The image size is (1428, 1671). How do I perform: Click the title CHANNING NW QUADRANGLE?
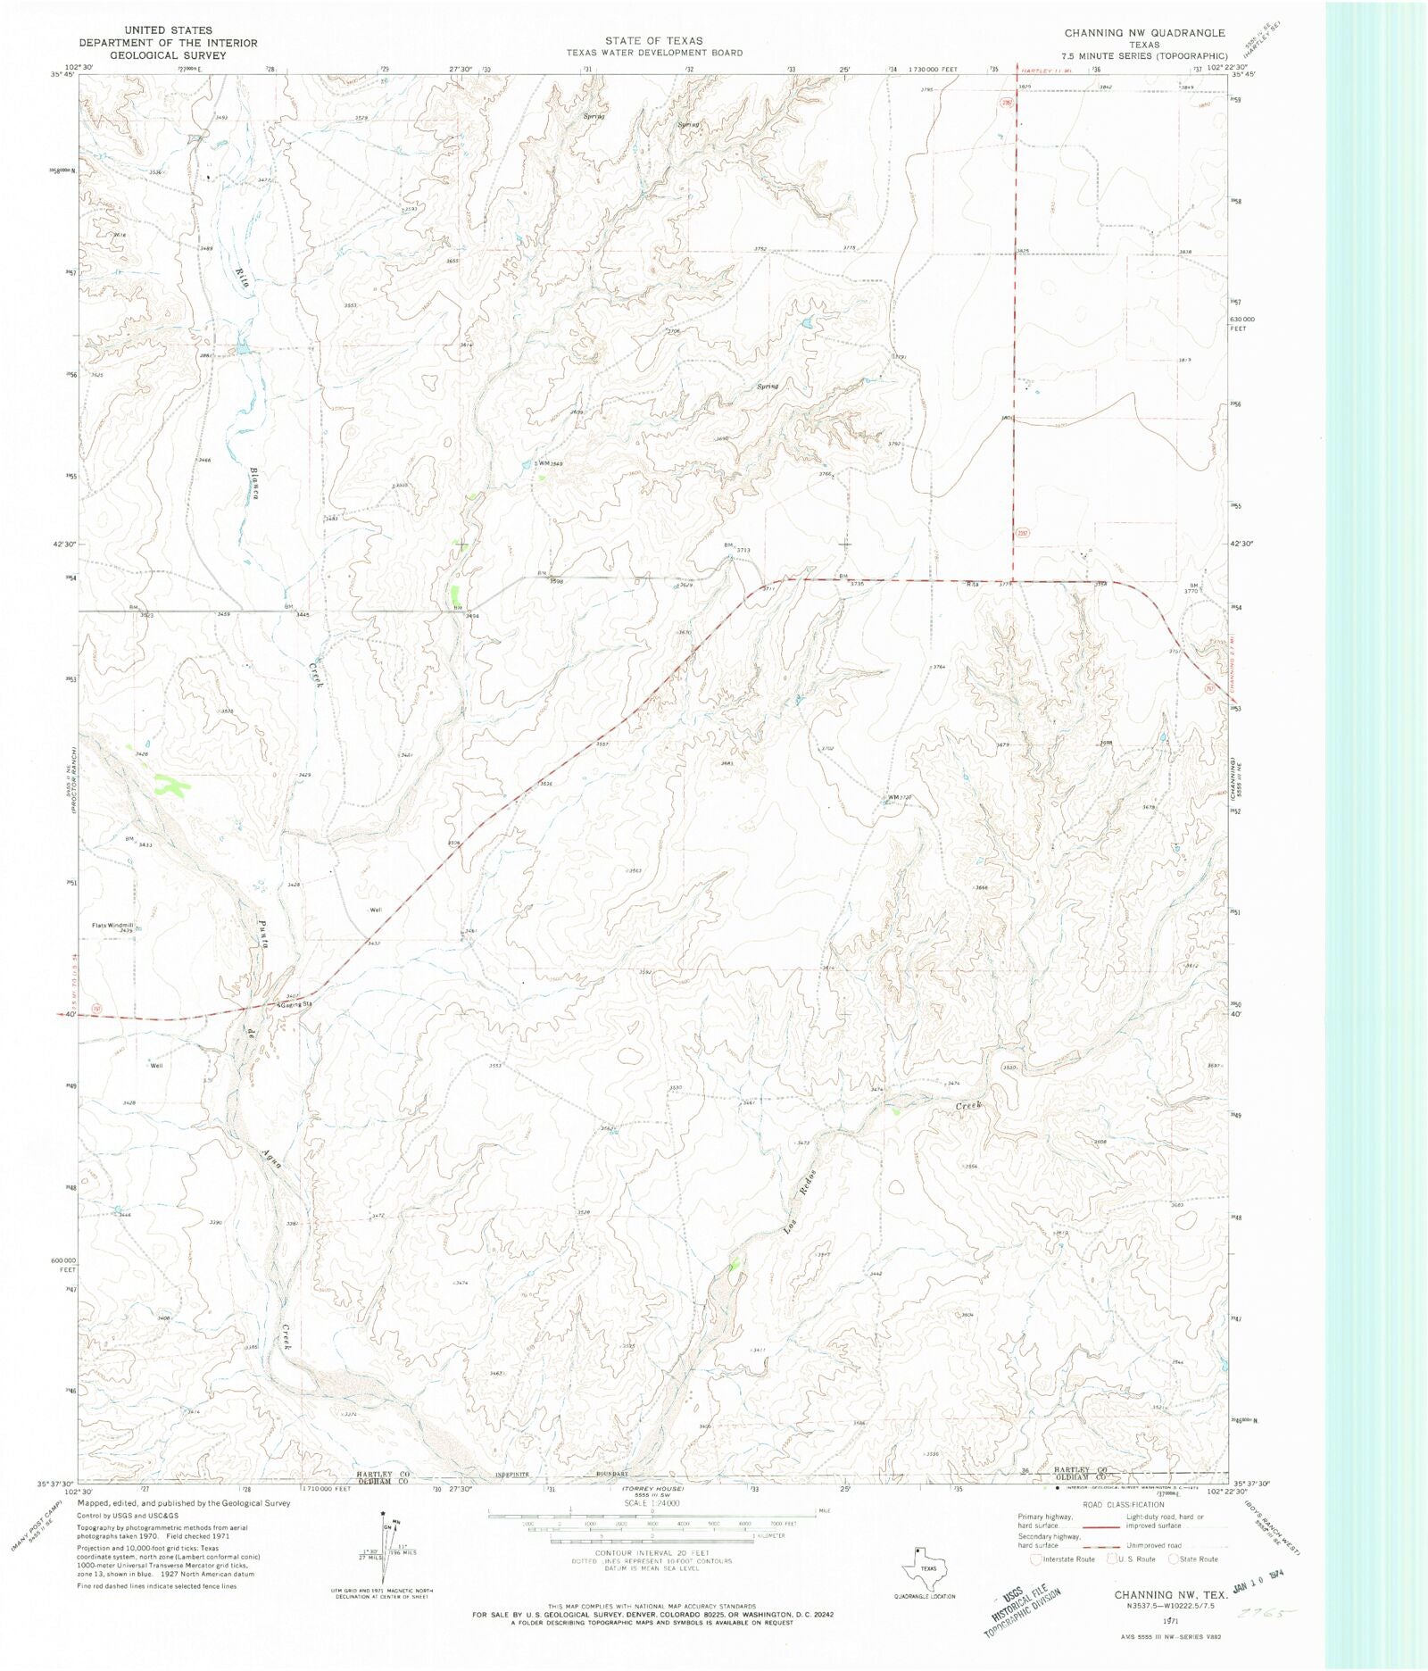click(1144, 33)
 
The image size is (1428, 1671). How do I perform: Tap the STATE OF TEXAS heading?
click(653, 41)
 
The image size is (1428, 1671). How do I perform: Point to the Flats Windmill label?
click(112, 925)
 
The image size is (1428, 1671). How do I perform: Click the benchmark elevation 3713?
click(743, 550)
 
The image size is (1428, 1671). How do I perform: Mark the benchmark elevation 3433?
click(145, 844)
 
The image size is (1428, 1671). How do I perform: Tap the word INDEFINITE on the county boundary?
click(512, 1474)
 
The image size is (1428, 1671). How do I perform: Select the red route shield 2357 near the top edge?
click(1007, 104)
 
